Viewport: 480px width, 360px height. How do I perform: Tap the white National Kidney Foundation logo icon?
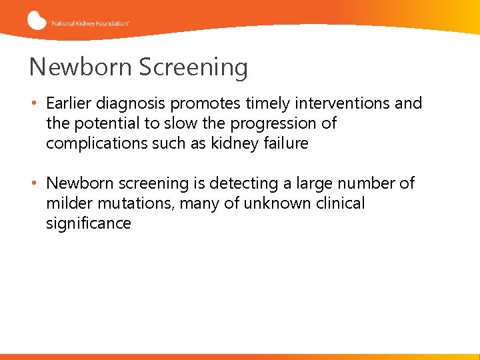(37, 21)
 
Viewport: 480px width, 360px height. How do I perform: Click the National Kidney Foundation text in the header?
(90, 23)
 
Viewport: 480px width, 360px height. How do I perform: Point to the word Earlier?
(69, 103)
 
